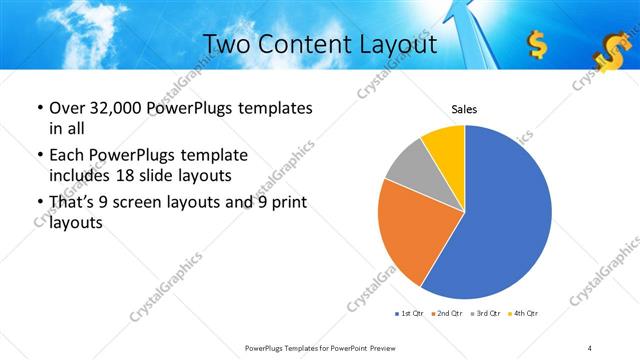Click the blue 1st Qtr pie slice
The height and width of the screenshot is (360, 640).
point(505,215)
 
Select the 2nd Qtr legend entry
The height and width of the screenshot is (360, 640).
point(446,314)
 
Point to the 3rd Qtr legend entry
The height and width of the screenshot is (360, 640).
point(486,314)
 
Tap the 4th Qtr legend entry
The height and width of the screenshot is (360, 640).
point(524,314)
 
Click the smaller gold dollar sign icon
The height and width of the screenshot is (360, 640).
point(537,44)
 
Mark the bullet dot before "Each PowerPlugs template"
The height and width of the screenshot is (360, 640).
point(39,156)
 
